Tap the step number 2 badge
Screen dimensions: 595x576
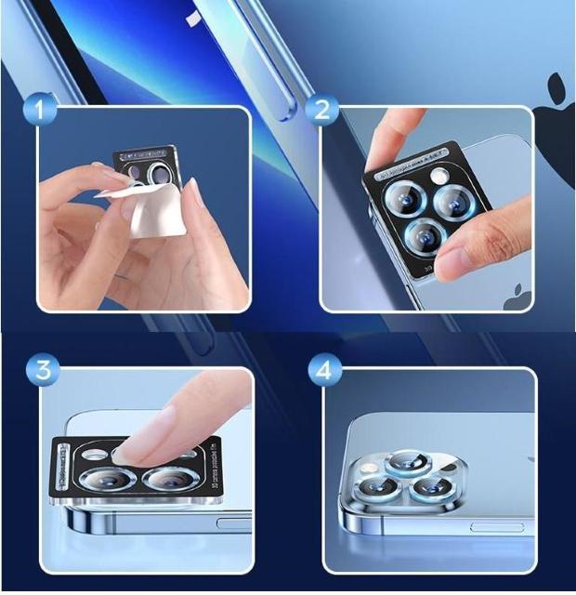322,111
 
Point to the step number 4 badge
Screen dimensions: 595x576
322,370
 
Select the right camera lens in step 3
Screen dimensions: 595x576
170,481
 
